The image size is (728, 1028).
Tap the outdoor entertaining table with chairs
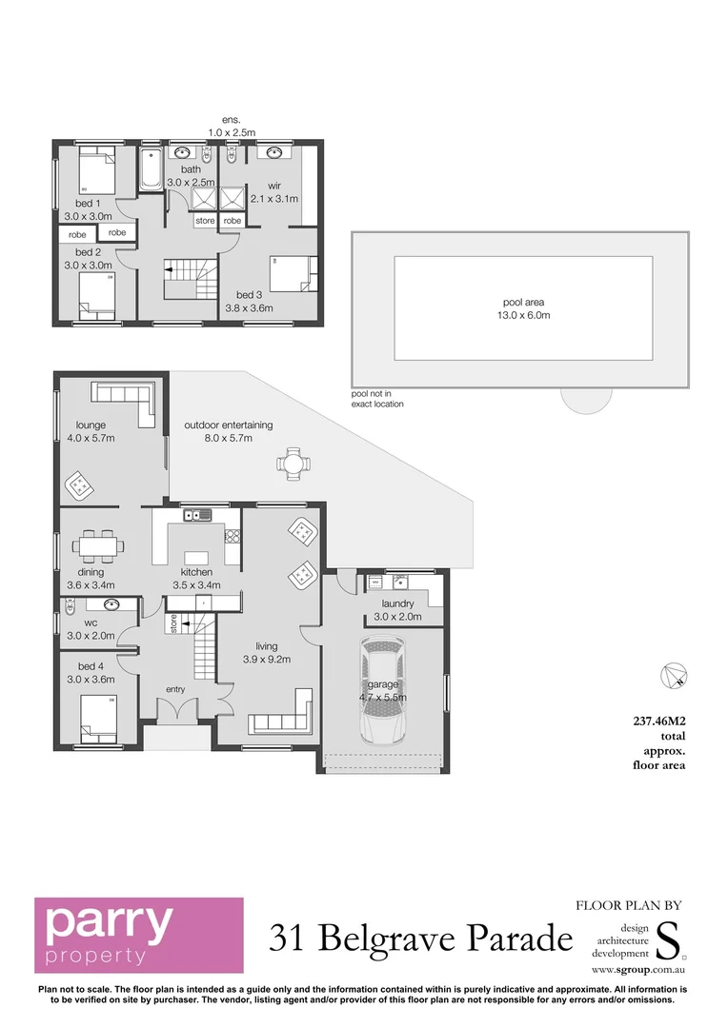click(293, 465)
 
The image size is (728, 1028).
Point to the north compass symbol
click(674, 674)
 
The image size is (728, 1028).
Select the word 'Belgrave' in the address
click(394, 939)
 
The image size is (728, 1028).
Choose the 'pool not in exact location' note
click(376, 398)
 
